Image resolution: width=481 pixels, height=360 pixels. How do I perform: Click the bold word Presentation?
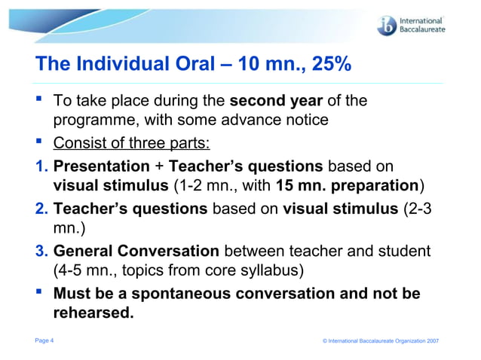[x=101, y=165]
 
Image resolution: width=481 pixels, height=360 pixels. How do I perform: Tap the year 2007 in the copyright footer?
[x=431, y=342]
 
